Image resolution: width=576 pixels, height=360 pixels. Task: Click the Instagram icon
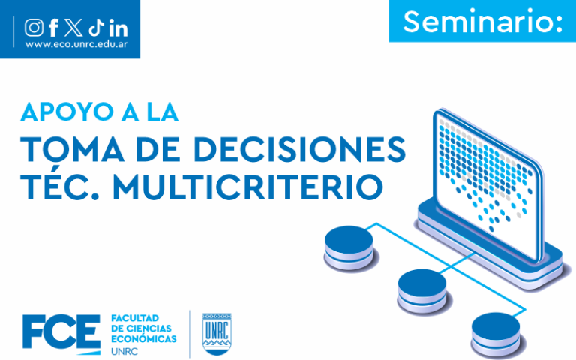34,28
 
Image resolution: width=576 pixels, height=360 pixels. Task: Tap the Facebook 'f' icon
54,28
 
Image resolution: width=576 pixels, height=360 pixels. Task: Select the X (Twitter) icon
73,28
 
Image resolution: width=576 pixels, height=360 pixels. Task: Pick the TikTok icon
96,28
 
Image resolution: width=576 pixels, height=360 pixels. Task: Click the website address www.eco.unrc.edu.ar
76,45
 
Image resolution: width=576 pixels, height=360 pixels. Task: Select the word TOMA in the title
72,149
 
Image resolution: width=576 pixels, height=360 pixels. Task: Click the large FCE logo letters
61,331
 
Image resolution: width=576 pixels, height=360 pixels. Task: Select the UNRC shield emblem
217,334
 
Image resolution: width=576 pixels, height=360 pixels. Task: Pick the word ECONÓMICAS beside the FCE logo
144,339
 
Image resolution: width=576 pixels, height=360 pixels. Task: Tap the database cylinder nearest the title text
349,248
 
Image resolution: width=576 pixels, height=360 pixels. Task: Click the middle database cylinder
422,291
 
